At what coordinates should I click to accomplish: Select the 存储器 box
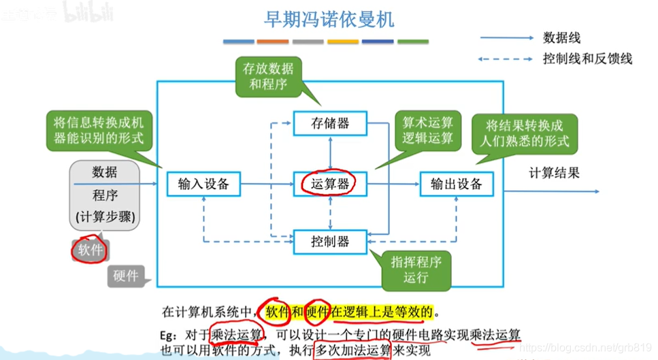coord(330,124)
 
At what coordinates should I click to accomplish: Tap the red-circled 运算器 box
coord(330,183)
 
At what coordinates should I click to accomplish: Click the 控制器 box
coord(330,242)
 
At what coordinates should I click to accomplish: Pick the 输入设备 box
coord(203,183)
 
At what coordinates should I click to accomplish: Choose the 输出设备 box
coord(457,183)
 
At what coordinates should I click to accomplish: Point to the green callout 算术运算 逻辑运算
coord(427,130)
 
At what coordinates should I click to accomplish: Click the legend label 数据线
coord(561,38)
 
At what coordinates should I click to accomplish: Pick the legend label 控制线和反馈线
coord(587,59)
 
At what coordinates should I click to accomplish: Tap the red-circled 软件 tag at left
coord(90,250)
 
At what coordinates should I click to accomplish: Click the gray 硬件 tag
coord(125,276)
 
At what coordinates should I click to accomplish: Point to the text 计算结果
coord(555,173)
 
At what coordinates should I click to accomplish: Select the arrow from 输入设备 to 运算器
coord(267,184)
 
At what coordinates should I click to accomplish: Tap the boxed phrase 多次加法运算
coord(352,350)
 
